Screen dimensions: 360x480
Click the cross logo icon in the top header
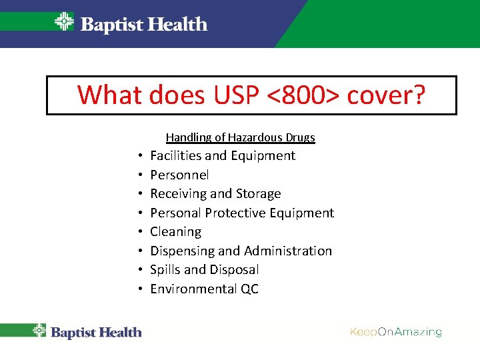pyautogui.click(x=64, y=23)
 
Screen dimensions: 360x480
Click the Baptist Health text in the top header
pyautogui.click(x=143, y=25)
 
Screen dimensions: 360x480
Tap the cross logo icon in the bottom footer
pyautogui.click(x=40, y=331)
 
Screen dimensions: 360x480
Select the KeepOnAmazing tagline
pyautogui.click(x=395, y=332)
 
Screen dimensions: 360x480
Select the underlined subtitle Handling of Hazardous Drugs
pyautogui.click(x=240, y=137)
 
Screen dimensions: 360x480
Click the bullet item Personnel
pyautogui.click(x=179, y=175)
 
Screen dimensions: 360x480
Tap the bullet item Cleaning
pyautogui.click(x=175, y=232)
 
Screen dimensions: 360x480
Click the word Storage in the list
pyautogui.click(x=258, y=194)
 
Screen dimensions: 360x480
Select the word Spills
pyautogui.click(x=165, y=270)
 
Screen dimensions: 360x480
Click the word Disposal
pyautogui.click(x=234, y=270)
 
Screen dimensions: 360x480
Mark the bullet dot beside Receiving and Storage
pyautogui.click(x=142, y=195)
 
